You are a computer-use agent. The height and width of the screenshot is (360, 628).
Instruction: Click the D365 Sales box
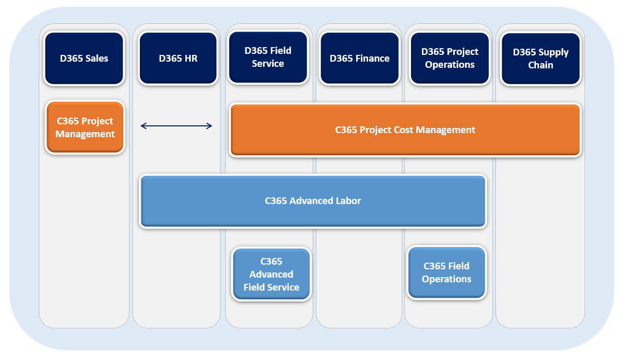(x=84, y=58)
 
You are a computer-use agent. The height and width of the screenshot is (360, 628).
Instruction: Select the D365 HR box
(x=178, y=58)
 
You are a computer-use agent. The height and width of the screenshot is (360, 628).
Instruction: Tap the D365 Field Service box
(x=268, y=57)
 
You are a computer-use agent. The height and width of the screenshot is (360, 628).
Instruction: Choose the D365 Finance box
(x=360, y=58)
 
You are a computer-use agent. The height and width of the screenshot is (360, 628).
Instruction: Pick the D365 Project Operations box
(x=450, y=58)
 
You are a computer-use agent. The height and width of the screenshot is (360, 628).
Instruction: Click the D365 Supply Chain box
(x=541, y=59)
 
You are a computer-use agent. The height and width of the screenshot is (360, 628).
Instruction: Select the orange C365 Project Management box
(x=85, y=127)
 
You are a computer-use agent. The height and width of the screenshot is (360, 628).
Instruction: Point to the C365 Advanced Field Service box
(x=271, y=274)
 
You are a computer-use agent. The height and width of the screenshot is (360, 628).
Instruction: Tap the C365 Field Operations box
(x=447, y=272)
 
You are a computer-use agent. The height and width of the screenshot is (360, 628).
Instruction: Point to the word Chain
(x=541, y=65)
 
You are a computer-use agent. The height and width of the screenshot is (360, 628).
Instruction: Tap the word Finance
(x=373, y=59)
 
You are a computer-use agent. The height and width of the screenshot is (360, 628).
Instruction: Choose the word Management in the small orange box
(x=85, y=134)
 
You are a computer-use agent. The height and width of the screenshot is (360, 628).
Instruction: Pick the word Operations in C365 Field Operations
(x=447, y=279)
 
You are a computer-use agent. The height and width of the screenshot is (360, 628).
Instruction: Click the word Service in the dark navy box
(x=268, y=64)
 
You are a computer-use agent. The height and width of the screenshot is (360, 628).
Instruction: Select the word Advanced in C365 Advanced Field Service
(x=271, y=274)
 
